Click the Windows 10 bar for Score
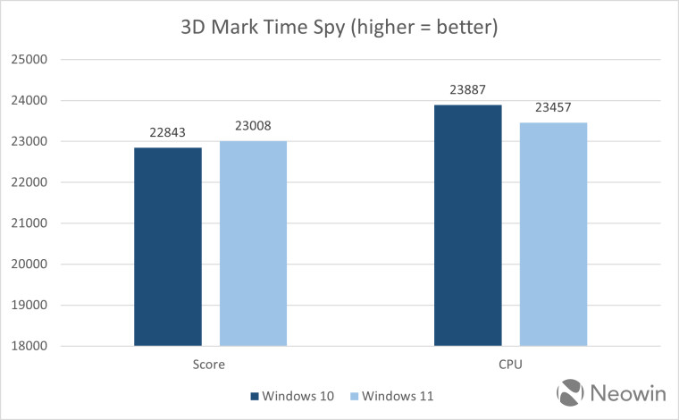tap(167, 246)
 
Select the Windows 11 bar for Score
tap(253, 243)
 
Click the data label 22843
tap(167, 132)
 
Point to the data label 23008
tap(253, 126)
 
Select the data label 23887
tap(467, 89)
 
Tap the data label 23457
tap(553, 107)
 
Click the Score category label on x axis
tap(210, 365)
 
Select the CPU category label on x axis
tap(510, 365)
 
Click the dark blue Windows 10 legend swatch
tap(254, 396)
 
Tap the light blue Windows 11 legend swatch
tap(354, 396)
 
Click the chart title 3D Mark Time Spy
tap(339, 27)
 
